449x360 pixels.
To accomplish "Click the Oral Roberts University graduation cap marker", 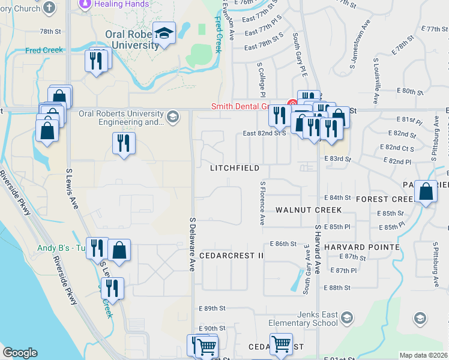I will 163,34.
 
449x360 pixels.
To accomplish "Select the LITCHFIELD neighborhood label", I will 235,169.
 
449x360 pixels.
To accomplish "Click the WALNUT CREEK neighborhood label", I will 309,210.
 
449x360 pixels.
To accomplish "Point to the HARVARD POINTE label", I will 361,247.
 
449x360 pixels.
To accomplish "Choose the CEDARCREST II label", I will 232,255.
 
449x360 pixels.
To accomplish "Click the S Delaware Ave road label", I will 193,244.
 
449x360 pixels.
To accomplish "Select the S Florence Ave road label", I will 262,203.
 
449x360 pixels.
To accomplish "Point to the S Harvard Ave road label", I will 318,245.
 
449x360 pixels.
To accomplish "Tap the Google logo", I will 20,353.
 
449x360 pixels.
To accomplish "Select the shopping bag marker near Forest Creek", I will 426,193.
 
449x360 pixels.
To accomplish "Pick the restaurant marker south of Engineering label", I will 124,144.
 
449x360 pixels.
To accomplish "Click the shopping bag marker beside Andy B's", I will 119,251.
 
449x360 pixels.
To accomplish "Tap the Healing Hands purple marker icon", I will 84,4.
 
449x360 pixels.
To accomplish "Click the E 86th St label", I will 284,244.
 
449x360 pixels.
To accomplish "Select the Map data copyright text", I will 423,355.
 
